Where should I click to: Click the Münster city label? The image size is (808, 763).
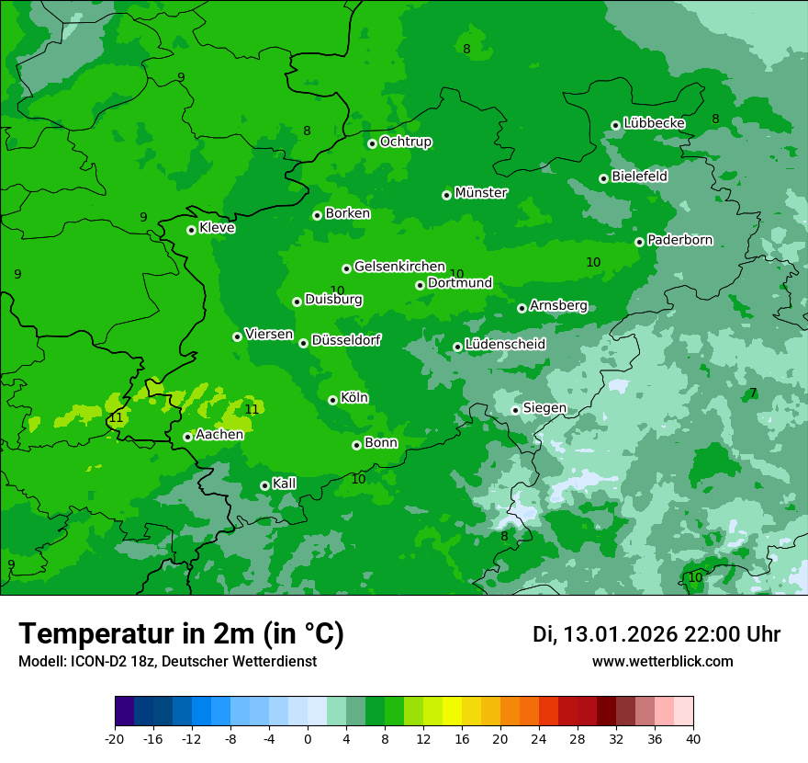[480, 193]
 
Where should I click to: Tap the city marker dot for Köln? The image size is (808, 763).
[332, 400]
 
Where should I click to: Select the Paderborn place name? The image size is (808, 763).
[679, 240]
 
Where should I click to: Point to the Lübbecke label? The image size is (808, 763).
[654, 123]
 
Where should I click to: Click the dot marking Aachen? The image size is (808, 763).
[187, 437]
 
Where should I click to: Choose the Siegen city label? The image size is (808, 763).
[544, 408]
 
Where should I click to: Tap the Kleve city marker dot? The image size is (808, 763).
[191, 230]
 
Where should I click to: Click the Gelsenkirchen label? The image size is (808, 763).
[399, 267]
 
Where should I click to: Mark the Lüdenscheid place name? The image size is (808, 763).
[505, 345]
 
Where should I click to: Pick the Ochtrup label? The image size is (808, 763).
[405, 142]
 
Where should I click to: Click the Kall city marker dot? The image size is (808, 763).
[264, 485]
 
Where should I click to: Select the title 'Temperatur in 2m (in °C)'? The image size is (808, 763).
[182, 633]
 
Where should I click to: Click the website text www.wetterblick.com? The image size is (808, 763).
[662, 661]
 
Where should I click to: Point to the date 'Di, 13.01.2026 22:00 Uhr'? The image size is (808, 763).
[656, 634]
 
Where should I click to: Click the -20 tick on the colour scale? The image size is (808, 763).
[115, 738]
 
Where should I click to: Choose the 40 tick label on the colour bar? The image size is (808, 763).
[692, 738]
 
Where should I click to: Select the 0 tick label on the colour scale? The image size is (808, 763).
[308, 738]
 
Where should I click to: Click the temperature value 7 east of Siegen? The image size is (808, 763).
[753, 393]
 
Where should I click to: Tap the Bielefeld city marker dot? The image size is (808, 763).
[603, 178]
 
